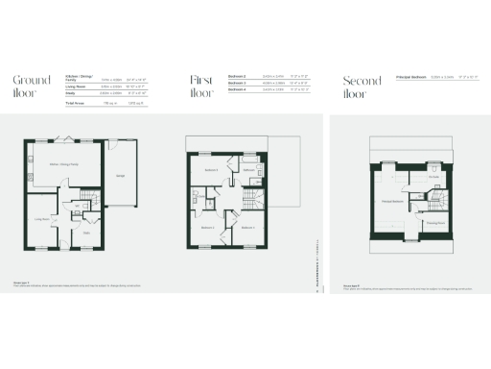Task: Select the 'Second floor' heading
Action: [356, 86]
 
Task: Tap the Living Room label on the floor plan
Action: [42, 219]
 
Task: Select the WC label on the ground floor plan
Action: [77, 204]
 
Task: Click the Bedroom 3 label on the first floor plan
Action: [211, 170]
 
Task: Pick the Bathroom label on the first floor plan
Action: [247, 170]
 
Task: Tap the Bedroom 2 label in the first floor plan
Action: [208, 227]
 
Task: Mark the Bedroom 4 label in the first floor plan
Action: [246, 227]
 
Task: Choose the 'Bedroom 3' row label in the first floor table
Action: [239, 83]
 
